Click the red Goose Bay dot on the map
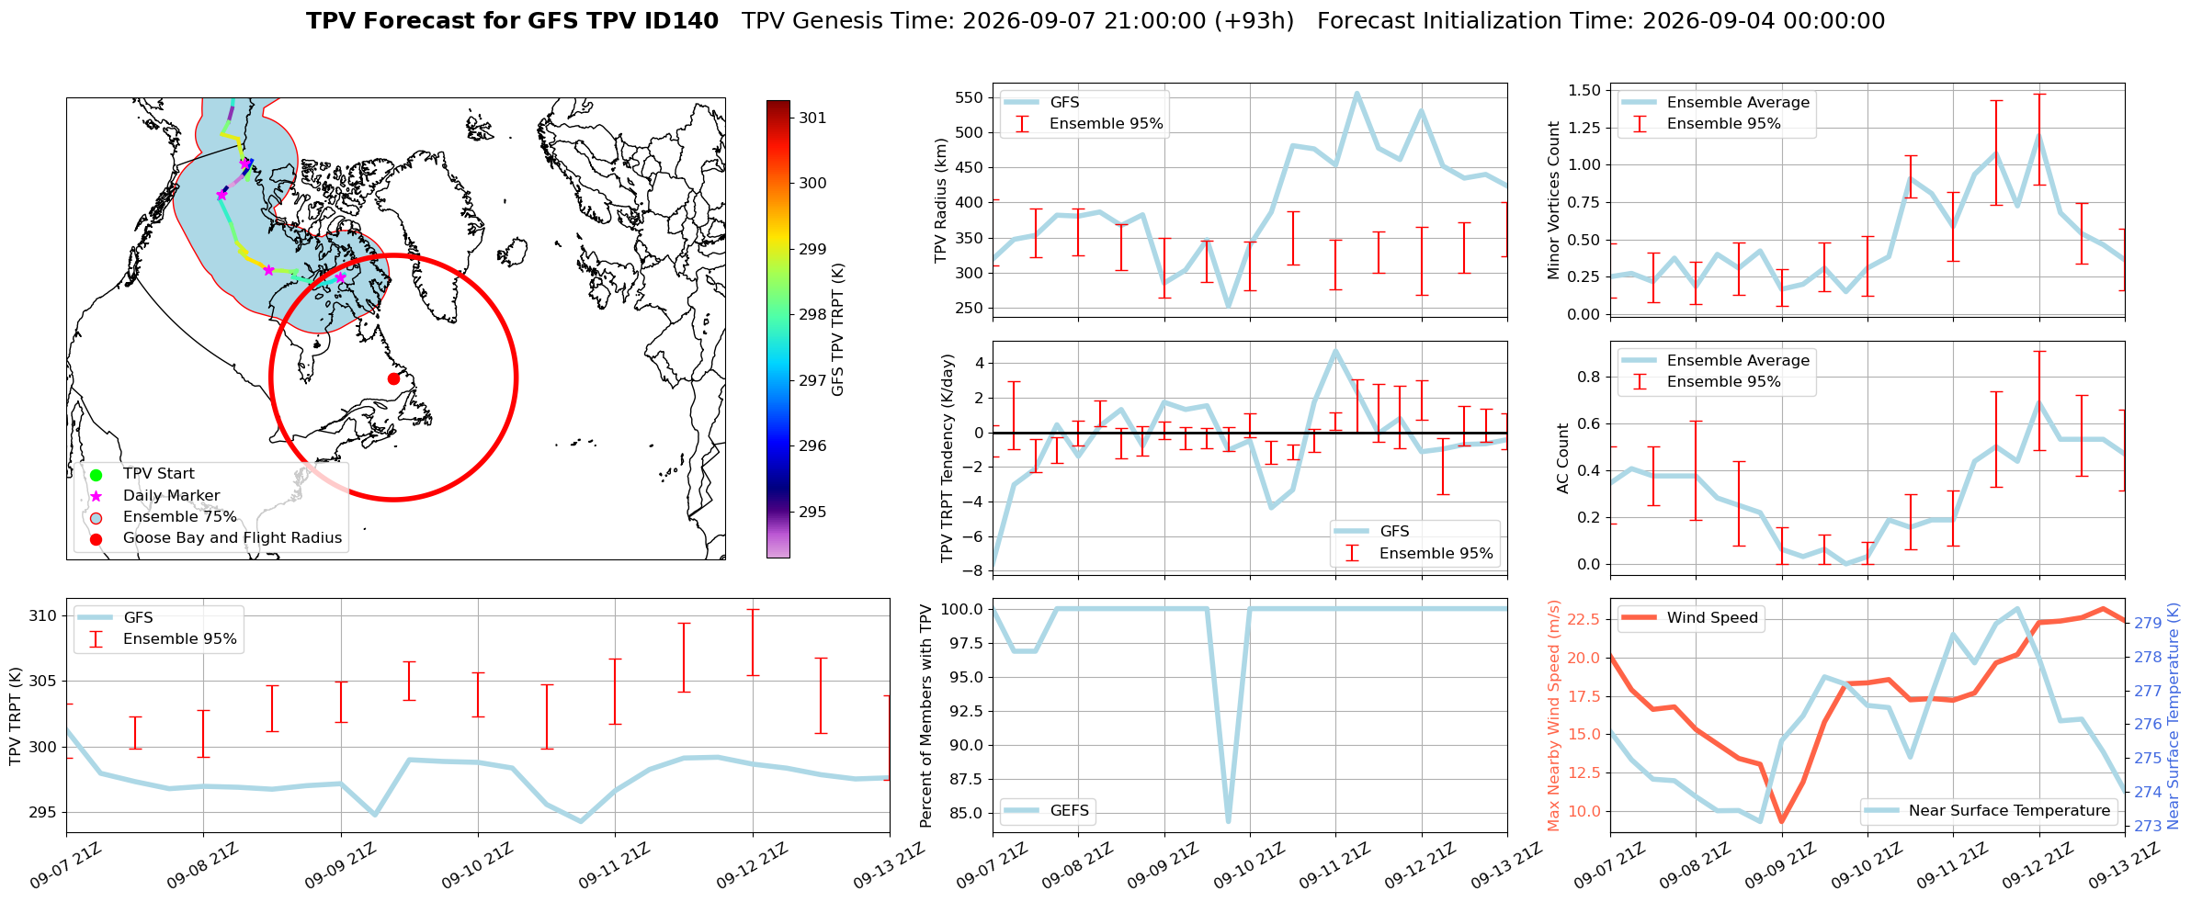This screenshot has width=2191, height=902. pos(393,378)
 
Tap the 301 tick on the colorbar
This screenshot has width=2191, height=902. pos(812,118)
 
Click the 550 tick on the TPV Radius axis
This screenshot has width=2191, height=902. pos(971,97)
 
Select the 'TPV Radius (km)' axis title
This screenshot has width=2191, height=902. pos(941,201)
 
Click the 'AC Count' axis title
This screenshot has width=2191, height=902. pos(1563,458)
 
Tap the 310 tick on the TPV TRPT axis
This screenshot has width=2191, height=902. pos(42,615)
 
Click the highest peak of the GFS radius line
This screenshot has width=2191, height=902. pos(1357,93)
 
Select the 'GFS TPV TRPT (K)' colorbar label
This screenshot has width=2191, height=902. pos(837,330)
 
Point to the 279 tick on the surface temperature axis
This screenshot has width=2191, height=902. pos(2148,623)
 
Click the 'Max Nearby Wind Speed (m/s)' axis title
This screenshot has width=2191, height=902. pos(1554,716)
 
